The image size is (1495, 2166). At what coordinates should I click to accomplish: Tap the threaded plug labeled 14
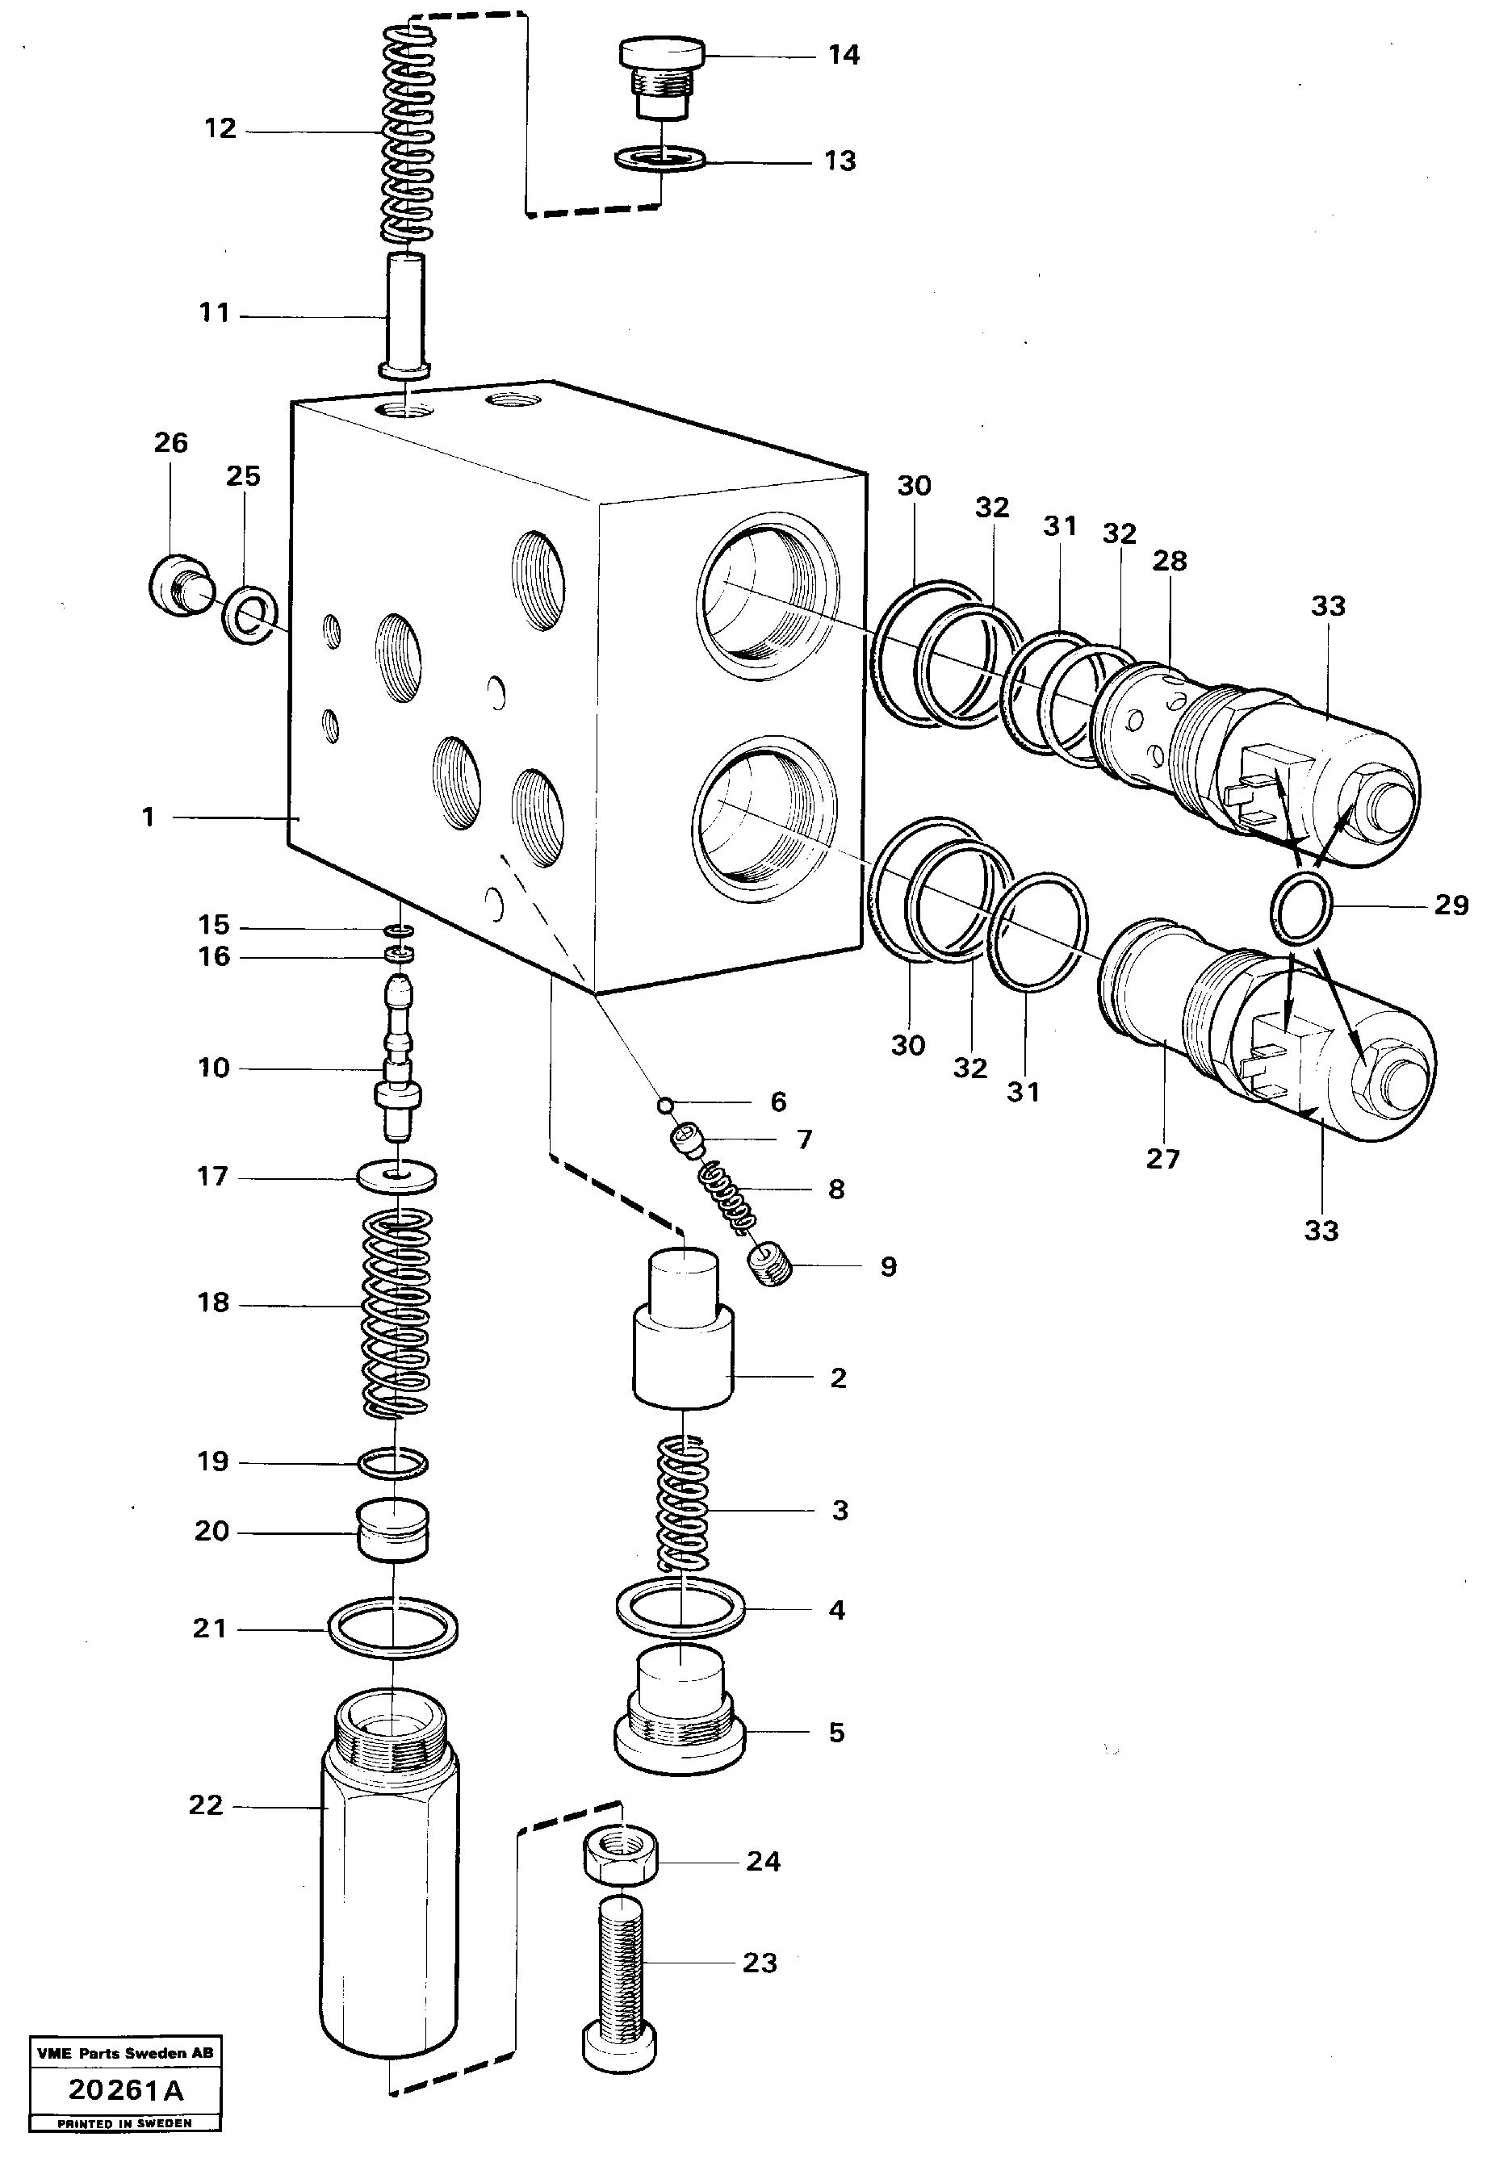(661, 81)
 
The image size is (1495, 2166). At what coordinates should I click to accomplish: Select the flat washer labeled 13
(661, 160)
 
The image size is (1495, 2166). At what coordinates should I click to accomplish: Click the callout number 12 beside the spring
(220, 129)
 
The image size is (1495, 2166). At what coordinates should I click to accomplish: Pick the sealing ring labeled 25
(251, 618)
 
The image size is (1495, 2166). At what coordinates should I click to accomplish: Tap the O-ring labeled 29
(1301, 909)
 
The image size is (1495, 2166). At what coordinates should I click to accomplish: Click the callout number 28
(1169, 561)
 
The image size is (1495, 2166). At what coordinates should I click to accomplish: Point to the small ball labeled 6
(665, 1106)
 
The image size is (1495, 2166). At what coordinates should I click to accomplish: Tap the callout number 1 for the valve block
(148, 817)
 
